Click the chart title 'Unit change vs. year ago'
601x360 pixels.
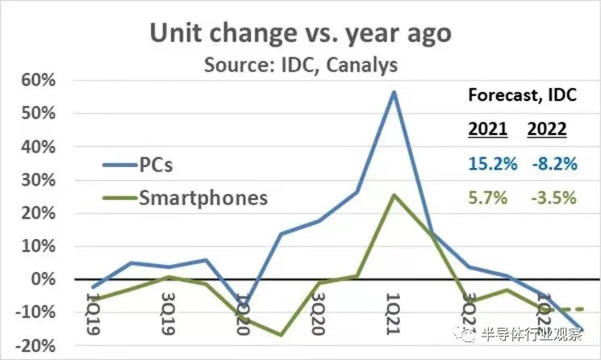pyautogui.click(x=300, y=33)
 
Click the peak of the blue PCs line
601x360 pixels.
pyautogui.click(x=394, y=91)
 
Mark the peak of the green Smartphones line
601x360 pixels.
pyautogui.click(x=394, y=195)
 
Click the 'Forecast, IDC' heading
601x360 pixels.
pyautogui.click(x=523, y=95)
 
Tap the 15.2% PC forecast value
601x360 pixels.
pyautogui.click(x=491, y=164)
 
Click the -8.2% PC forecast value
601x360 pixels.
pyautogui.click(x=553, y=164)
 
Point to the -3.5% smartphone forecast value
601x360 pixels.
pyautogui.click(x=553, y=198)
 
